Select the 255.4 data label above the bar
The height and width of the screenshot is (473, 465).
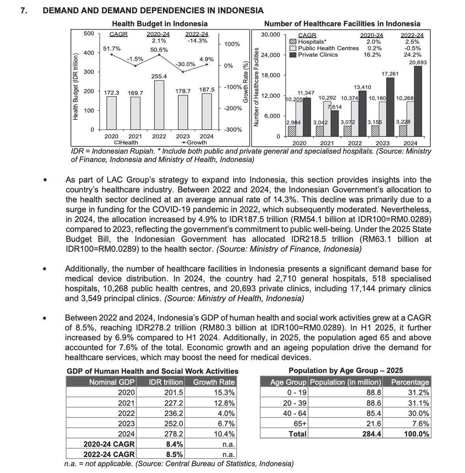[159, 76]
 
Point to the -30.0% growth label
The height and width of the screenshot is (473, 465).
[185, 64]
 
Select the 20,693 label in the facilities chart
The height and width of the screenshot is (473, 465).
[418, 62]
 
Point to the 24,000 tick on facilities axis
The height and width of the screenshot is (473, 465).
[270, 55]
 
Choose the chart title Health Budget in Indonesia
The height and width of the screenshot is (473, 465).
[159, 24]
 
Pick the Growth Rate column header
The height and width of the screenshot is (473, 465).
[214, 382]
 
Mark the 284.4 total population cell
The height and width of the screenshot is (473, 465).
[372, 434]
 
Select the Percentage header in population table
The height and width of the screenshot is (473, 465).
[410, 382]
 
